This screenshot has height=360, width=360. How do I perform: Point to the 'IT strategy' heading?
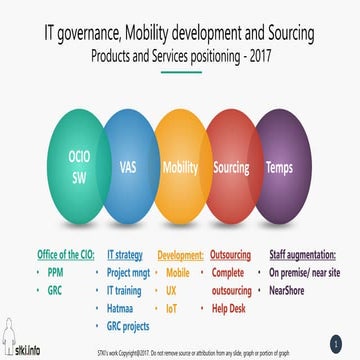pos(127,255)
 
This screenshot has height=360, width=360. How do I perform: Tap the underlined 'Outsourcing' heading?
pos(232,255)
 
